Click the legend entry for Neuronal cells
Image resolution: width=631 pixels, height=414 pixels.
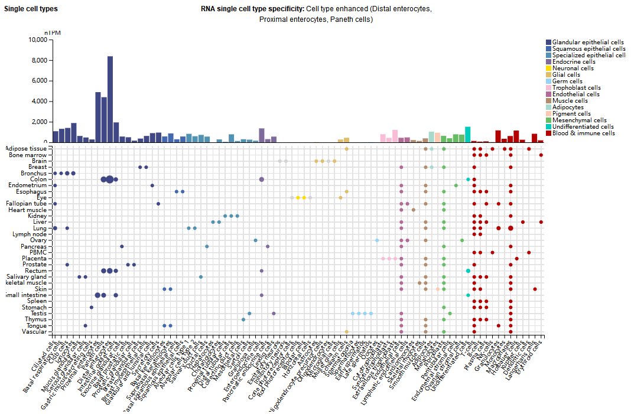point(573,69)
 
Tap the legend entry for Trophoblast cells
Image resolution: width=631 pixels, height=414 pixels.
point(576,88)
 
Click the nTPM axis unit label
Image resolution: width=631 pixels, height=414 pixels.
point(53,32)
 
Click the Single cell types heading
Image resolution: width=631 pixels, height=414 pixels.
point(31,10)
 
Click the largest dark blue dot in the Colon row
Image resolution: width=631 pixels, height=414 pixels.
point(110,180)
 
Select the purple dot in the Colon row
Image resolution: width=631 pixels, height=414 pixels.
point(262,180)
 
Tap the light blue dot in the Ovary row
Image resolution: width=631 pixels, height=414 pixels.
point(377,240)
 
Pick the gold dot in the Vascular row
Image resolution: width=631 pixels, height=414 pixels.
point(347,332)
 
